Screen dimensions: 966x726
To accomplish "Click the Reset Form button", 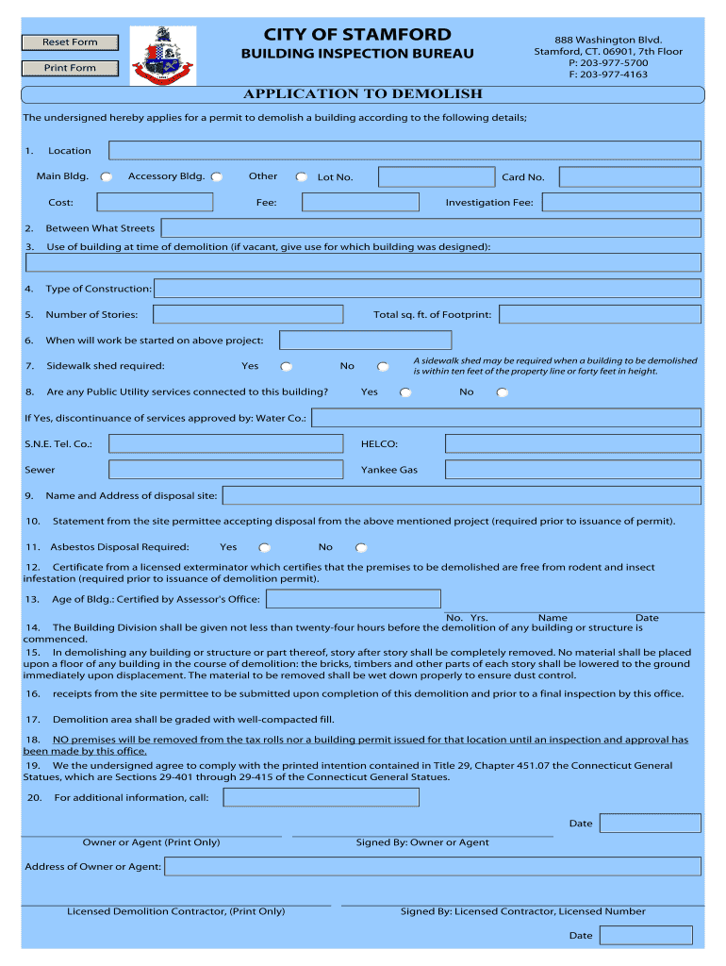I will point(70,42).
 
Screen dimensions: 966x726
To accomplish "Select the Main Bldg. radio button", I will point(107,176).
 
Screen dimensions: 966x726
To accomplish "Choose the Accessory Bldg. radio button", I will point(217,176).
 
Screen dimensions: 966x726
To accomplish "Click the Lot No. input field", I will point(436,177).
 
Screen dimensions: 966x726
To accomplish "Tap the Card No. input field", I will point(629,177).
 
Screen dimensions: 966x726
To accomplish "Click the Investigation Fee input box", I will point(621,203).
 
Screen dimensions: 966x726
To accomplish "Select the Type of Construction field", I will point(427,289).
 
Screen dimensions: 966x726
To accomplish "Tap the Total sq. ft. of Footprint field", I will point(600,314).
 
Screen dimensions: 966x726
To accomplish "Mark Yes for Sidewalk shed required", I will point(286,367).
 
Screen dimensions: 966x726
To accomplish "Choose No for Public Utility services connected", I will point(502,392).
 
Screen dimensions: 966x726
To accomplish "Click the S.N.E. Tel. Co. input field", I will point(225,443).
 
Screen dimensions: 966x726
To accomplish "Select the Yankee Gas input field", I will point(572,469).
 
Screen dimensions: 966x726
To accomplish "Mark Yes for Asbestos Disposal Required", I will point(265,547).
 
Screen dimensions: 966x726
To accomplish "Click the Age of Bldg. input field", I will point(354,599).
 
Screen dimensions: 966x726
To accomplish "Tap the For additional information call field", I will point(321,798).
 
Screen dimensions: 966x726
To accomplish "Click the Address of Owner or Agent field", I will point(433,866).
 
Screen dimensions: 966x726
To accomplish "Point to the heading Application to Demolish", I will point(363,94).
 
